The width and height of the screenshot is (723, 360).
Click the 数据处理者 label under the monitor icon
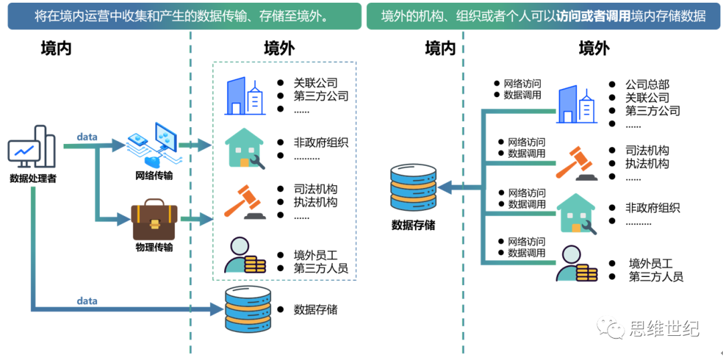tap(33, 179)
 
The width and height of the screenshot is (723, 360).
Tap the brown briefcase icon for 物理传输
tap(154, 219)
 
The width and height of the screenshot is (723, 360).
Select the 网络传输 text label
tap(154, 175)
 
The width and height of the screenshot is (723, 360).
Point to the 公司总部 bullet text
tap(647, 85)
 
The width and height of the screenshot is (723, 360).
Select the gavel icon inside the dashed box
tap(243, 202)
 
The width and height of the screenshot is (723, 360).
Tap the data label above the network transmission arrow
tap(86, 137)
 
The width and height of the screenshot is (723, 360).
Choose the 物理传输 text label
tap(154, 248)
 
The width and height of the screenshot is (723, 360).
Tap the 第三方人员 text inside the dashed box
tap(321, 268)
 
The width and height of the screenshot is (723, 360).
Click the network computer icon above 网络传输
tap(152, 144)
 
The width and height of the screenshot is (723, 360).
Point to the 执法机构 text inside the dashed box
tap(315, 202)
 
